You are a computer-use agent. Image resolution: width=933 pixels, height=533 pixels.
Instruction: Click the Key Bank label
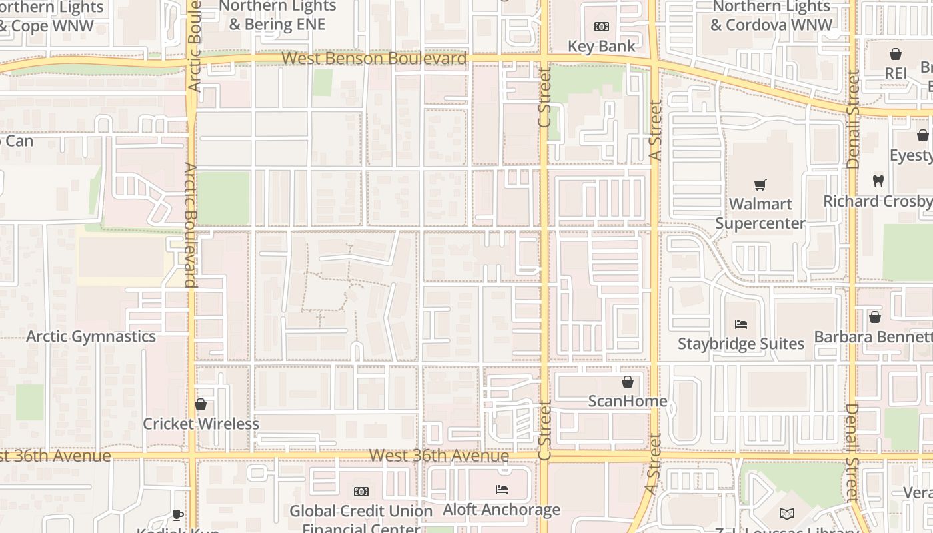point(602,46)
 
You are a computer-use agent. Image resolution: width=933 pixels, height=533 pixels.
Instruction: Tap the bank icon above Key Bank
point(602,27)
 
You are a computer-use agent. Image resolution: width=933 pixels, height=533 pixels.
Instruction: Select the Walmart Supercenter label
point(760,213)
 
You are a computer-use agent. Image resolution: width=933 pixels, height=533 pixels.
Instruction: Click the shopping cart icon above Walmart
point(760,185)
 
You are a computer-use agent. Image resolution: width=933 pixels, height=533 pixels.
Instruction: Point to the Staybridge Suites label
point(741,344)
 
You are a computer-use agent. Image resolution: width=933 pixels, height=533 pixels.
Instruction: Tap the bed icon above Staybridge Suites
point(741,324)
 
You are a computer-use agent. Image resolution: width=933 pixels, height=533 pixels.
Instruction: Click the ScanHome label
point(627,401)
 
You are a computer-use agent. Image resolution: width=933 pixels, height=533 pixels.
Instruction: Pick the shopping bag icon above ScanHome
point(627,382)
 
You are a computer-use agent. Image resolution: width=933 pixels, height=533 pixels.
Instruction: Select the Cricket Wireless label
point(201,424)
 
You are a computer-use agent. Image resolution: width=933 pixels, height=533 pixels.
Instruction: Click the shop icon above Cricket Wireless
point(201,404)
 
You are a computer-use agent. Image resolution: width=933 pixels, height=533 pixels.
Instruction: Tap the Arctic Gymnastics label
point(91,336)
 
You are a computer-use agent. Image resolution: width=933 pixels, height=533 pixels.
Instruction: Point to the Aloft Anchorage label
point(502,510)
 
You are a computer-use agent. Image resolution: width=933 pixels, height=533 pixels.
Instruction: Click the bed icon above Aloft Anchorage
point(502,490)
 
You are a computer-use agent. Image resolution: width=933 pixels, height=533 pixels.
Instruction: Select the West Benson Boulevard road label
point(374,58)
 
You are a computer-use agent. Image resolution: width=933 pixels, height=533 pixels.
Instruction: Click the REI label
point(896,73)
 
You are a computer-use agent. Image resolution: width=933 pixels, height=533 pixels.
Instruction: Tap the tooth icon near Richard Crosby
point(878,181)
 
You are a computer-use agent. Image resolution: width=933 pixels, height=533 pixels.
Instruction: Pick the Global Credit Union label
point(361,511)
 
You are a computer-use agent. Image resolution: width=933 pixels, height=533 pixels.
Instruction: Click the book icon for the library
point(787,514)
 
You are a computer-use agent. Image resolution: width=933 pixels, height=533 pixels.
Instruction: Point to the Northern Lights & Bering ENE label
point(277,16)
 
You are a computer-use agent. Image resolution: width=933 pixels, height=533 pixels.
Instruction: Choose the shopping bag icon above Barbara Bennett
point(874,317)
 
